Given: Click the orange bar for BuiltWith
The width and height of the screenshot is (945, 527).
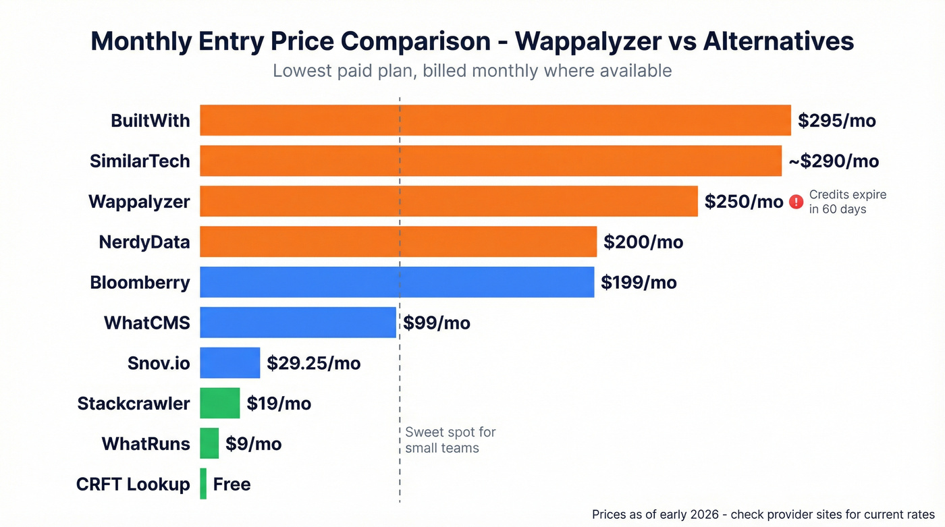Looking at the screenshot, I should (x=495, y=121).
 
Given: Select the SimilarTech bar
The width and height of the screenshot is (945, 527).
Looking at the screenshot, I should (x=490, y=161).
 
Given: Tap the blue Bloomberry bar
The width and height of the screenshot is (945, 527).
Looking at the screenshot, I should (x=397, y=282).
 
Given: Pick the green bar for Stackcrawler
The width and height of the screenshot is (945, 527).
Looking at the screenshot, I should (x=220, y=404).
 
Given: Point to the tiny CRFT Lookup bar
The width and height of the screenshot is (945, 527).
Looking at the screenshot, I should (x=203, y=484).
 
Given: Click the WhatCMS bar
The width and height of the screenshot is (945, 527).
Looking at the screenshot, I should (x=298, y=323).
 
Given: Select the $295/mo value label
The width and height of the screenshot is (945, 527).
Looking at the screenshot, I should (x=836, y=121).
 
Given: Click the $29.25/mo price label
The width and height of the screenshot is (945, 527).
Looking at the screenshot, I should (x=314, y=364).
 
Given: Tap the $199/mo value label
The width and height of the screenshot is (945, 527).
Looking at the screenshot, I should (x=639, y=282).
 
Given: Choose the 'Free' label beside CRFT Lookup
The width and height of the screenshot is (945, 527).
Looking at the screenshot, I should (x=232, y=484).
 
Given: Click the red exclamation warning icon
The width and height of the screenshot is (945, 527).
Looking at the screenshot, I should (x=796, y=201).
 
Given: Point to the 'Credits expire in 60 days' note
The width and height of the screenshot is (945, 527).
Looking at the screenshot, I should (x=847, y=202).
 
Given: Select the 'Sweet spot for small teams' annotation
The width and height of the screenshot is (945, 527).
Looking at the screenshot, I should (x=450, y=440).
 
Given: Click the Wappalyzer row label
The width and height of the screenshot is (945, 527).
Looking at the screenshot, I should (x=139, y=202).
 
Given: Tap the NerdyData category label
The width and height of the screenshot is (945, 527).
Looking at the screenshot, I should (x=144, y=242).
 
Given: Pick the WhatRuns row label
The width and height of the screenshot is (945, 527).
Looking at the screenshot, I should (x=146, y=444).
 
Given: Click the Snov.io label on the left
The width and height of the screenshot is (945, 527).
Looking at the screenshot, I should (x=159, y=363).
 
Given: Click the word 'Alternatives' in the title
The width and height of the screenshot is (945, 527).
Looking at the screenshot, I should (x=778, y=41).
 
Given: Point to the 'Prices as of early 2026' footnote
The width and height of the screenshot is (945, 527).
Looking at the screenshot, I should (x=763, y=514).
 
